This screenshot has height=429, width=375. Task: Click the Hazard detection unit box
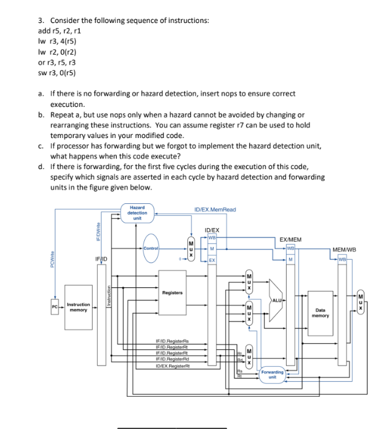(x=137, y=213)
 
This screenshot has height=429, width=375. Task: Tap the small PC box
(x=55, y=307)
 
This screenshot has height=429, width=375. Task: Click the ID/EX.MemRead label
(x=215, y=210)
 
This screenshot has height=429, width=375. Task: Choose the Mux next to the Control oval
(x=191, y=249)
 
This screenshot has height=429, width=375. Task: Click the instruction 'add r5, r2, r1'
(x=61, y=31)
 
